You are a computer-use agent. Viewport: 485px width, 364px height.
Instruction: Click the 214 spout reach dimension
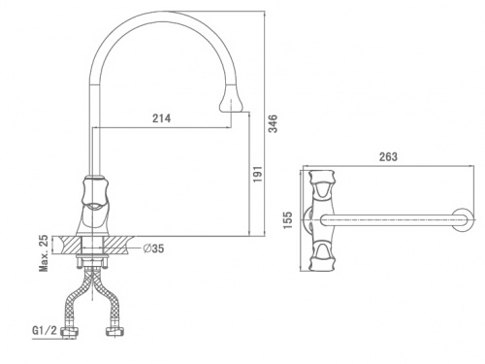coord(161,118)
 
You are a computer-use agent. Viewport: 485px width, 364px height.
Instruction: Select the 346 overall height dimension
coord(274,123)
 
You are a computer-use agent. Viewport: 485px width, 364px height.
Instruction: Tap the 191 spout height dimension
coord(257,174)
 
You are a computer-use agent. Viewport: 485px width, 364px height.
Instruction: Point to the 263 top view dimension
coord(388,157)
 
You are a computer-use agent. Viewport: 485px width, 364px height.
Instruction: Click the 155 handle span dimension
coord(287,220)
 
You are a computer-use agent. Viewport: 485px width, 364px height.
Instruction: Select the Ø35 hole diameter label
coord(153,248)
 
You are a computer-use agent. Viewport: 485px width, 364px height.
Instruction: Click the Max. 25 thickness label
coord(44,253)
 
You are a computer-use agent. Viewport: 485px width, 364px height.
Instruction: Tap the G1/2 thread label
coord(45,330)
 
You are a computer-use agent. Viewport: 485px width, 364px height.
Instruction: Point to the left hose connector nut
coord(70,332)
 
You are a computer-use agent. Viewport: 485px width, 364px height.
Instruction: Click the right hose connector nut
coord(115,331)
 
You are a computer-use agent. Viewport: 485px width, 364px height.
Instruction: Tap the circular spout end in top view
coord(463,219)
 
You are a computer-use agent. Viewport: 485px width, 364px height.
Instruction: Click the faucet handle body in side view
coord(94,206)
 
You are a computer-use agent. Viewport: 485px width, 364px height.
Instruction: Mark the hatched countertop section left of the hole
coord(70,246)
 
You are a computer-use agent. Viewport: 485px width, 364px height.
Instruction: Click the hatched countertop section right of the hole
coord(118,246)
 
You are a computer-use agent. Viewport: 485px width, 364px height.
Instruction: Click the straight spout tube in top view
coord(388,220)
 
